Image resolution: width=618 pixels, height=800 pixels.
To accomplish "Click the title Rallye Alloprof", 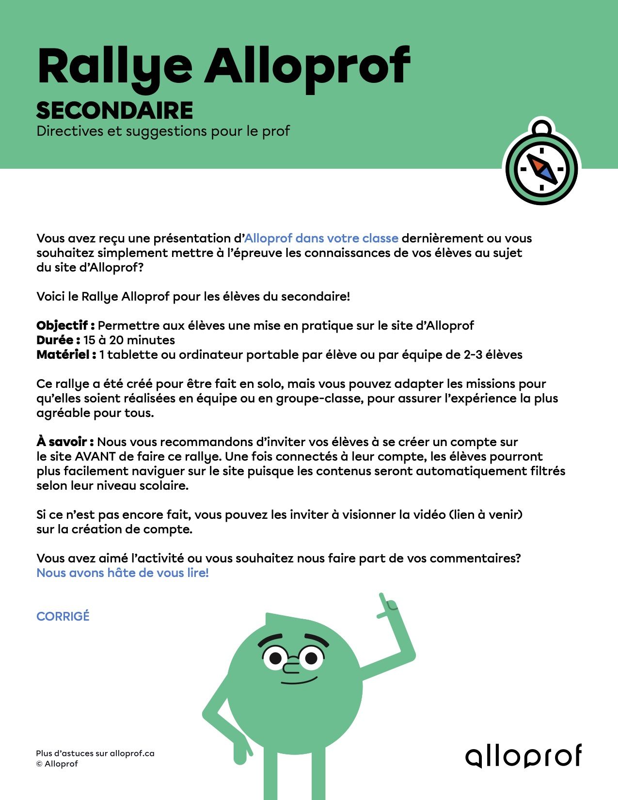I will click(223, 67).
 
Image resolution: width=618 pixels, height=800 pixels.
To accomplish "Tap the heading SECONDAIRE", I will click(115, 111).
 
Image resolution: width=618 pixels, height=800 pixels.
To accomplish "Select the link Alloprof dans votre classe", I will click(321, 238).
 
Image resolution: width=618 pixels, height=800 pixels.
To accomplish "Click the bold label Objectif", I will click(65, 325).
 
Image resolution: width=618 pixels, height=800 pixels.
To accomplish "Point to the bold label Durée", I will click(58, 340).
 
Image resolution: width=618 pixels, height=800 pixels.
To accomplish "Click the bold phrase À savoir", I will click(65, 442).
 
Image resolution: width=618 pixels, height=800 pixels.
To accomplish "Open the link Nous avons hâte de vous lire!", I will click(123, 573).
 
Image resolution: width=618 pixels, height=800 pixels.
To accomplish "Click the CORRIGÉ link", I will click(63, 616).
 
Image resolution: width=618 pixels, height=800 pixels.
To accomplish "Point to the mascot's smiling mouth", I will click(300, 680).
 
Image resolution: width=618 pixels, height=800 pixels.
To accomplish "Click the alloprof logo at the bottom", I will click(523, 756).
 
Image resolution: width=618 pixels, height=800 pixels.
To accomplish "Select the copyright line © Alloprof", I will click(57, 764).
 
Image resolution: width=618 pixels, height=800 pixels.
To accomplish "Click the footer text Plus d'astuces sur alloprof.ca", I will click(95, 753).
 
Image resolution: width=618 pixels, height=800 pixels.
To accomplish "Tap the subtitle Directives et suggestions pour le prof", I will click(163, 131).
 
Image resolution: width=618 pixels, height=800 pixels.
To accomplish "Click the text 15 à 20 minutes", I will click(129, 340).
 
